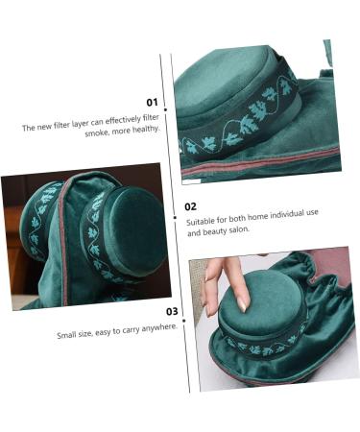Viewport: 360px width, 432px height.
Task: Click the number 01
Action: click(x=152, y=102)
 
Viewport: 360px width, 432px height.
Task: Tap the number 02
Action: click(x=190, y=206)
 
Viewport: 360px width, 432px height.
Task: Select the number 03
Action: click(x=171, y=310)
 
